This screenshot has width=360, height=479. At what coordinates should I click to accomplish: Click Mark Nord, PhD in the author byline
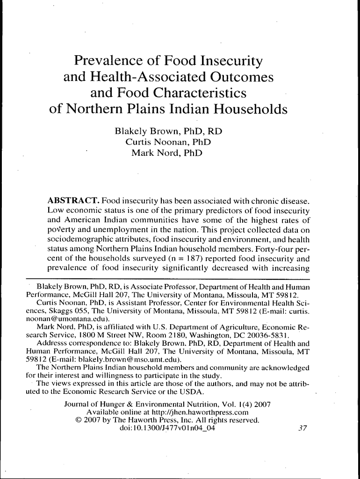click(x=167, y=152)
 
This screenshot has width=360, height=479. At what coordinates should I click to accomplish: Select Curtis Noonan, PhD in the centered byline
click(x=168, y=142)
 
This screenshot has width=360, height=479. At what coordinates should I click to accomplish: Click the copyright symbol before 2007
click(x=78, y=420)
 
